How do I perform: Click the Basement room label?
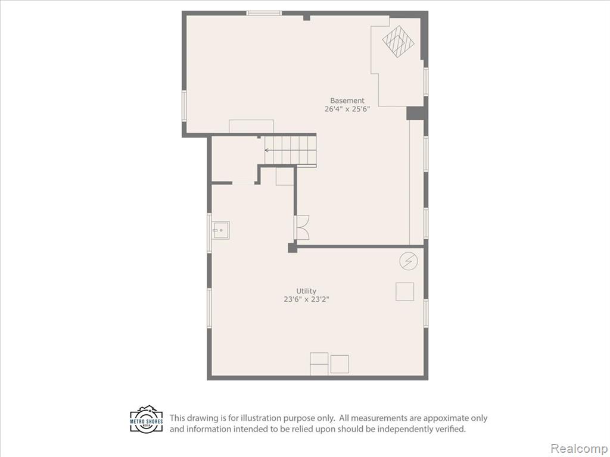[347, 101]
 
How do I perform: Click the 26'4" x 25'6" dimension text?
[347, 109]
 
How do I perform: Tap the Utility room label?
[306, 291]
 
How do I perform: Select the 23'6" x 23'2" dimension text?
[307, 300]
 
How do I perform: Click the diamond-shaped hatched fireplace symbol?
[398, 41]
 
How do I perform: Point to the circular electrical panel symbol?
[409, 261]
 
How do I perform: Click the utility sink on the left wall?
[220, 230]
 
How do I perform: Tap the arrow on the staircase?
[287, 150]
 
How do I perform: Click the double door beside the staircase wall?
[302, 227]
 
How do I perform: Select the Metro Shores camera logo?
[147, 420]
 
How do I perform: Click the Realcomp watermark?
[578, 448]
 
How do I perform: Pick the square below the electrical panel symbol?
[404, 292]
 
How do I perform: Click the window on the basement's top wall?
[264, 13]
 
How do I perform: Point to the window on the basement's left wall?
[184, 106]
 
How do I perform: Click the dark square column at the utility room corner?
[292, 248]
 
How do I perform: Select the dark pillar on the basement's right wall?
[415, 114]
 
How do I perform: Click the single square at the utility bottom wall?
[339, 364]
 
